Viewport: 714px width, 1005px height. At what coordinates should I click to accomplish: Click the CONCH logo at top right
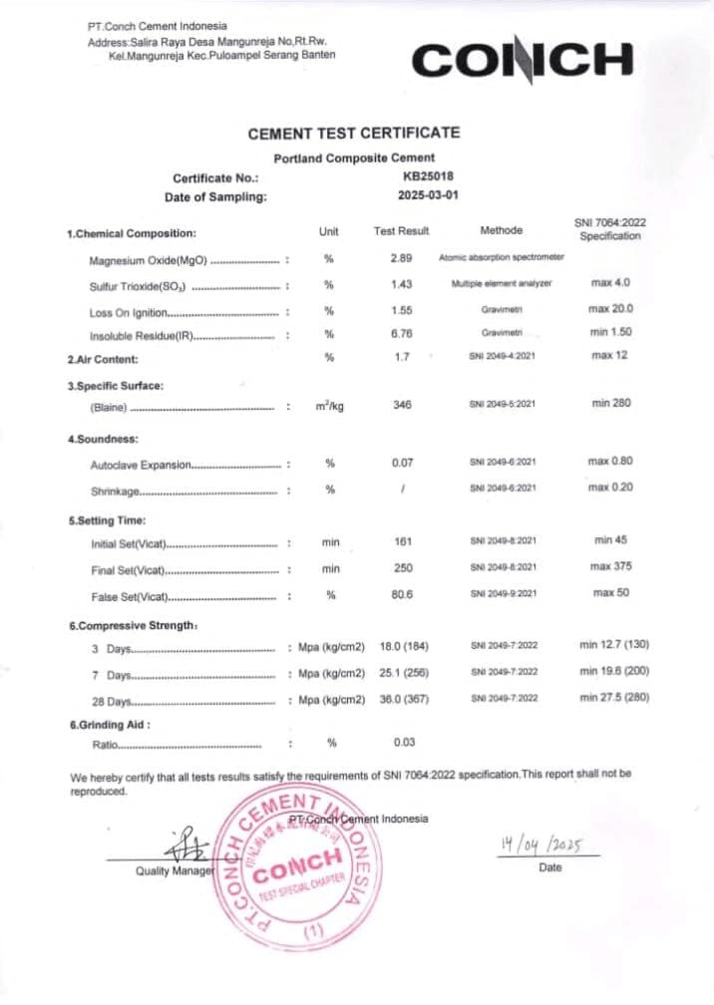tap(523, 61)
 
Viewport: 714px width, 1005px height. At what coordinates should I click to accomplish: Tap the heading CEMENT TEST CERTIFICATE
tap(353, 133)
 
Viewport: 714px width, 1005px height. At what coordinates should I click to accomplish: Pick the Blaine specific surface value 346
tap(402, 405)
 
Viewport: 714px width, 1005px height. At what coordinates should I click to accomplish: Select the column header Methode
tap(501, 230)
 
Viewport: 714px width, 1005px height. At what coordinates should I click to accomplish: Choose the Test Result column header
tap(401, 231)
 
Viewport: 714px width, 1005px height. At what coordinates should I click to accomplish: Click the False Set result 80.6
tap(402, 594)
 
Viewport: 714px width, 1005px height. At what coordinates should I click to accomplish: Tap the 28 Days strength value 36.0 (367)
tap(404, 699)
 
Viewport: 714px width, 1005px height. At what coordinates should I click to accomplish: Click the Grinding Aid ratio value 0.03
tap(403, 743)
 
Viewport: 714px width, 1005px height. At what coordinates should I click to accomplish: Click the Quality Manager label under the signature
tap(175, 870)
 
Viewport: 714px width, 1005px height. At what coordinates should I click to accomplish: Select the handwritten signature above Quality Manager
tap(186, 845)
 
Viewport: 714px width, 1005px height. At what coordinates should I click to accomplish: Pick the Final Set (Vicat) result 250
tap(402, 568)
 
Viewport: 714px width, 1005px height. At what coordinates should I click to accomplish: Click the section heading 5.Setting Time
tap(107, 520)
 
